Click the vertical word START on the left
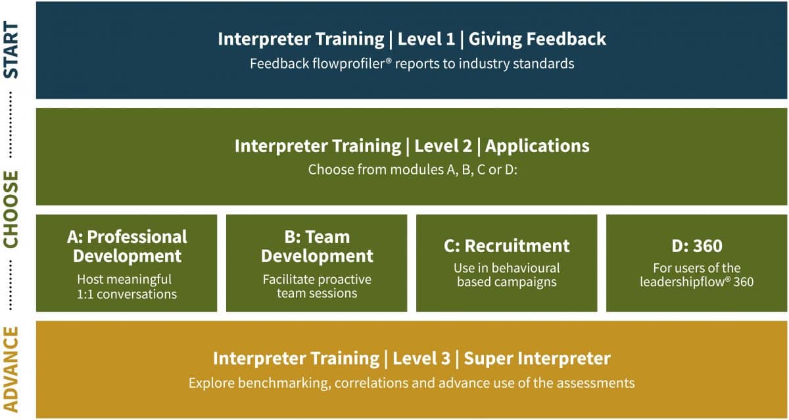[x=11, y=50]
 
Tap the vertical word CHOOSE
[x=11, y=209]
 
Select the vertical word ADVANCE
[x=11, y=369]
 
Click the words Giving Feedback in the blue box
[x=537, y=39]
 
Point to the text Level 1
[x=426, y=39]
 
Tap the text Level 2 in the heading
[x=443, y=146]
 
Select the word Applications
[x=537, y=146]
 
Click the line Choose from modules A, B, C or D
[x=413, y=170]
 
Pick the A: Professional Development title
[x=127, y=246]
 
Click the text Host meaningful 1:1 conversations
[x=127, y=287]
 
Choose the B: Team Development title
[x=317, y=246]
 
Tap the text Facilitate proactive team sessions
[x=317, y=286]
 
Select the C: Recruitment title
[x=506, y=246]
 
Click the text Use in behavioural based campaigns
[x=506, y=275]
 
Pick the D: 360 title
[x=697, y=246]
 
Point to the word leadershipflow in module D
[x=682, y=282]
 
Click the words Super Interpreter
[x=537, y=359]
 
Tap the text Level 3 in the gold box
[x=421, y=359]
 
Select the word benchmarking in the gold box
[x=285, y=383]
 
